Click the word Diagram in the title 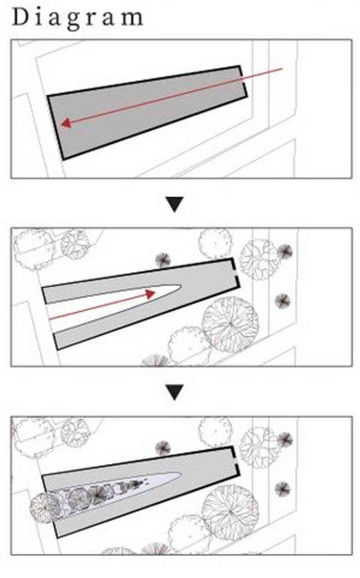[x=77, y=18]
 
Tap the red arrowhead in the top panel [x=66, y=123]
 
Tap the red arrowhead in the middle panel [x=150, y=294]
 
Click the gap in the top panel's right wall [x=243, y=81]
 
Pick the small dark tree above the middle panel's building [x=163, y=260]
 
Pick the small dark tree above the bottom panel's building [x=163, y=448]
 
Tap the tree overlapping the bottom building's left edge [x=45, y=507]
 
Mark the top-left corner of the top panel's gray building [x=48, y=96]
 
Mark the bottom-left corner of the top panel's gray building [x=63, y=159]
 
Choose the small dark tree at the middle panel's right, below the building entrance [x=282, y=300]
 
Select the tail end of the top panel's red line [x=281, y=69]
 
